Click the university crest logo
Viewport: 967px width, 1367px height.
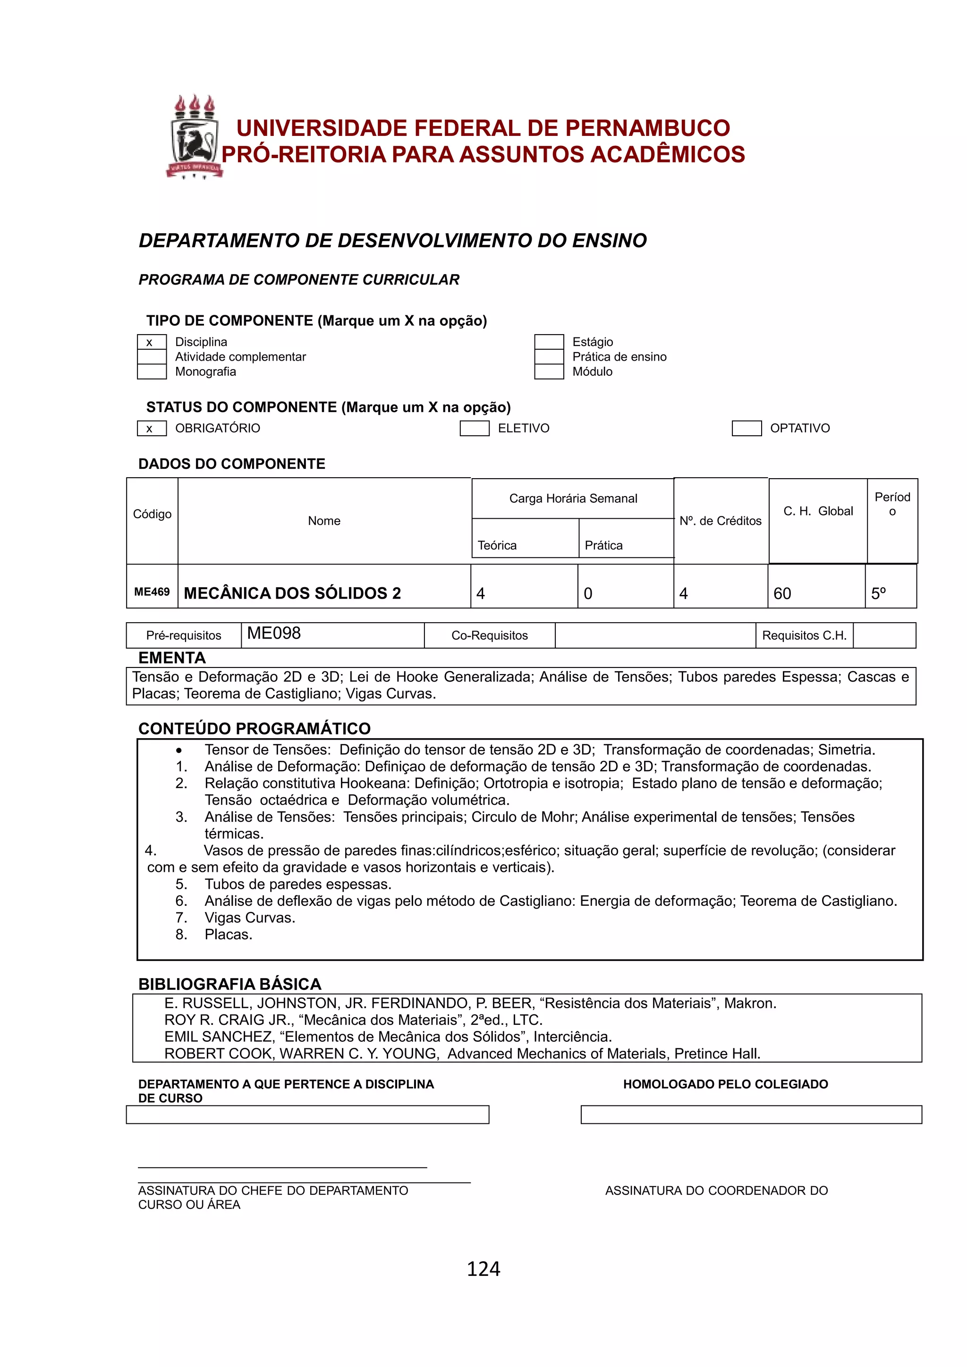pyautogui.click(x=194, y=137)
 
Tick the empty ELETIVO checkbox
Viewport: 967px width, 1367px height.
pyautogui.click(x=474, y=428)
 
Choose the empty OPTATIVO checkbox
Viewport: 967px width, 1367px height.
pyautogui.click(x=746, y=428)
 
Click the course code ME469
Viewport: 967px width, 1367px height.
pyautogui.click(x=152, y=592)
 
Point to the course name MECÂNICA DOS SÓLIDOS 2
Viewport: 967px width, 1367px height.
pyautogui.click(x=292, y=593)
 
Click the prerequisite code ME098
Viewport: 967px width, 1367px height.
pyautogui.click(x=274, y=633)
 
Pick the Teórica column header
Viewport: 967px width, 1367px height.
pyautogui.click(x=497, y=545)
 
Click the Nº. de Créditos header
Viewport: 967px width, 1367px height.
pyautogui.click(x=721, y=521)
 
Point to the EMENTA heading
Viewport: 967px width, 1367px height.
pyautogui.click(x=171, y=658)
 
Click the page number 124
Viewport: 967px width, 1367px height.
pyautogui.click(x=483, y=1269)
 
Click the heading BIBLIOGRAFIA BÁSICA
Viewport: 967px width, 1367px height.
pyautogui.click(x=229, y=984)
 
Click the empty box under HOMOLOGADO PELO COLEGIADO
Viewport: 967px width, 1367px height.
pyautogui.click(x=751, y=1114)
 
